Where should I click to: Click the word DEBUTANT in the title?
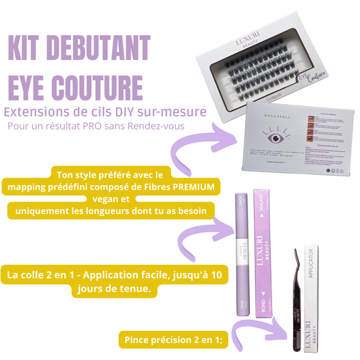101,49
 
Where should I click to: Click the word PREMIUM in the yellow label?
194,186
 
